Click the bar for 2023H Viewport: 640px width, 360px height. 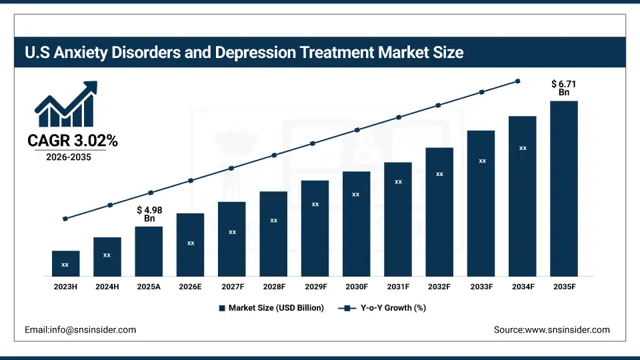[x=65, y=263]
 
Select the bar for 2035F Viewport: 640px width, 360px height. [x=563, y=189]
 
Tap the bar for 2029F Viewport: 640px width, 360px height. [x=315, y=228]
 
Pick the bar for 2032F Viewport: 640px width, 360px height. [x=439, y=212]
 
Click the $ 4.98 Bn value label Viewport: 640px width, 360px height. [x=149, y=214]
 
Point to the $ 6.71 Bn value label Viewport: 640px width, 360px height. [x=564, y=88]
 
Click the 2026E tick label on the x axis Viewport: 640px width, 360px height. [x=190, y=286]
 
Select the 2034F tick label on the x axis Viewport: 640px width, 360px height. [x=523, y=286]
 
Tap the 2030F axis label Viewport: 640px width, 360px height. [x=356, y=286]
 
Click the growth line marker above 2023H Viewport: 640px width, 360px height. [x=65, y=219]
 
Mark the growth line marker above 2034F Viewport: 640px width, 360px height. [x=518, y=81]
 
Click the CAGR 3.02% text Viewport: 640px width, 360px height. [x=73, y=141]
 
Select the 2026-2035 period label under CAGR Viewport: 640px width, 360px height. [x=69, y=157]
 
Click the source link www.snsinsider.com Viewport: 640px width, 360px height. [x=567, y=329]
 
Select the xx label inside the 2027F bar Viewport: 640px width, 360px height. [x=232, y=232]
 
